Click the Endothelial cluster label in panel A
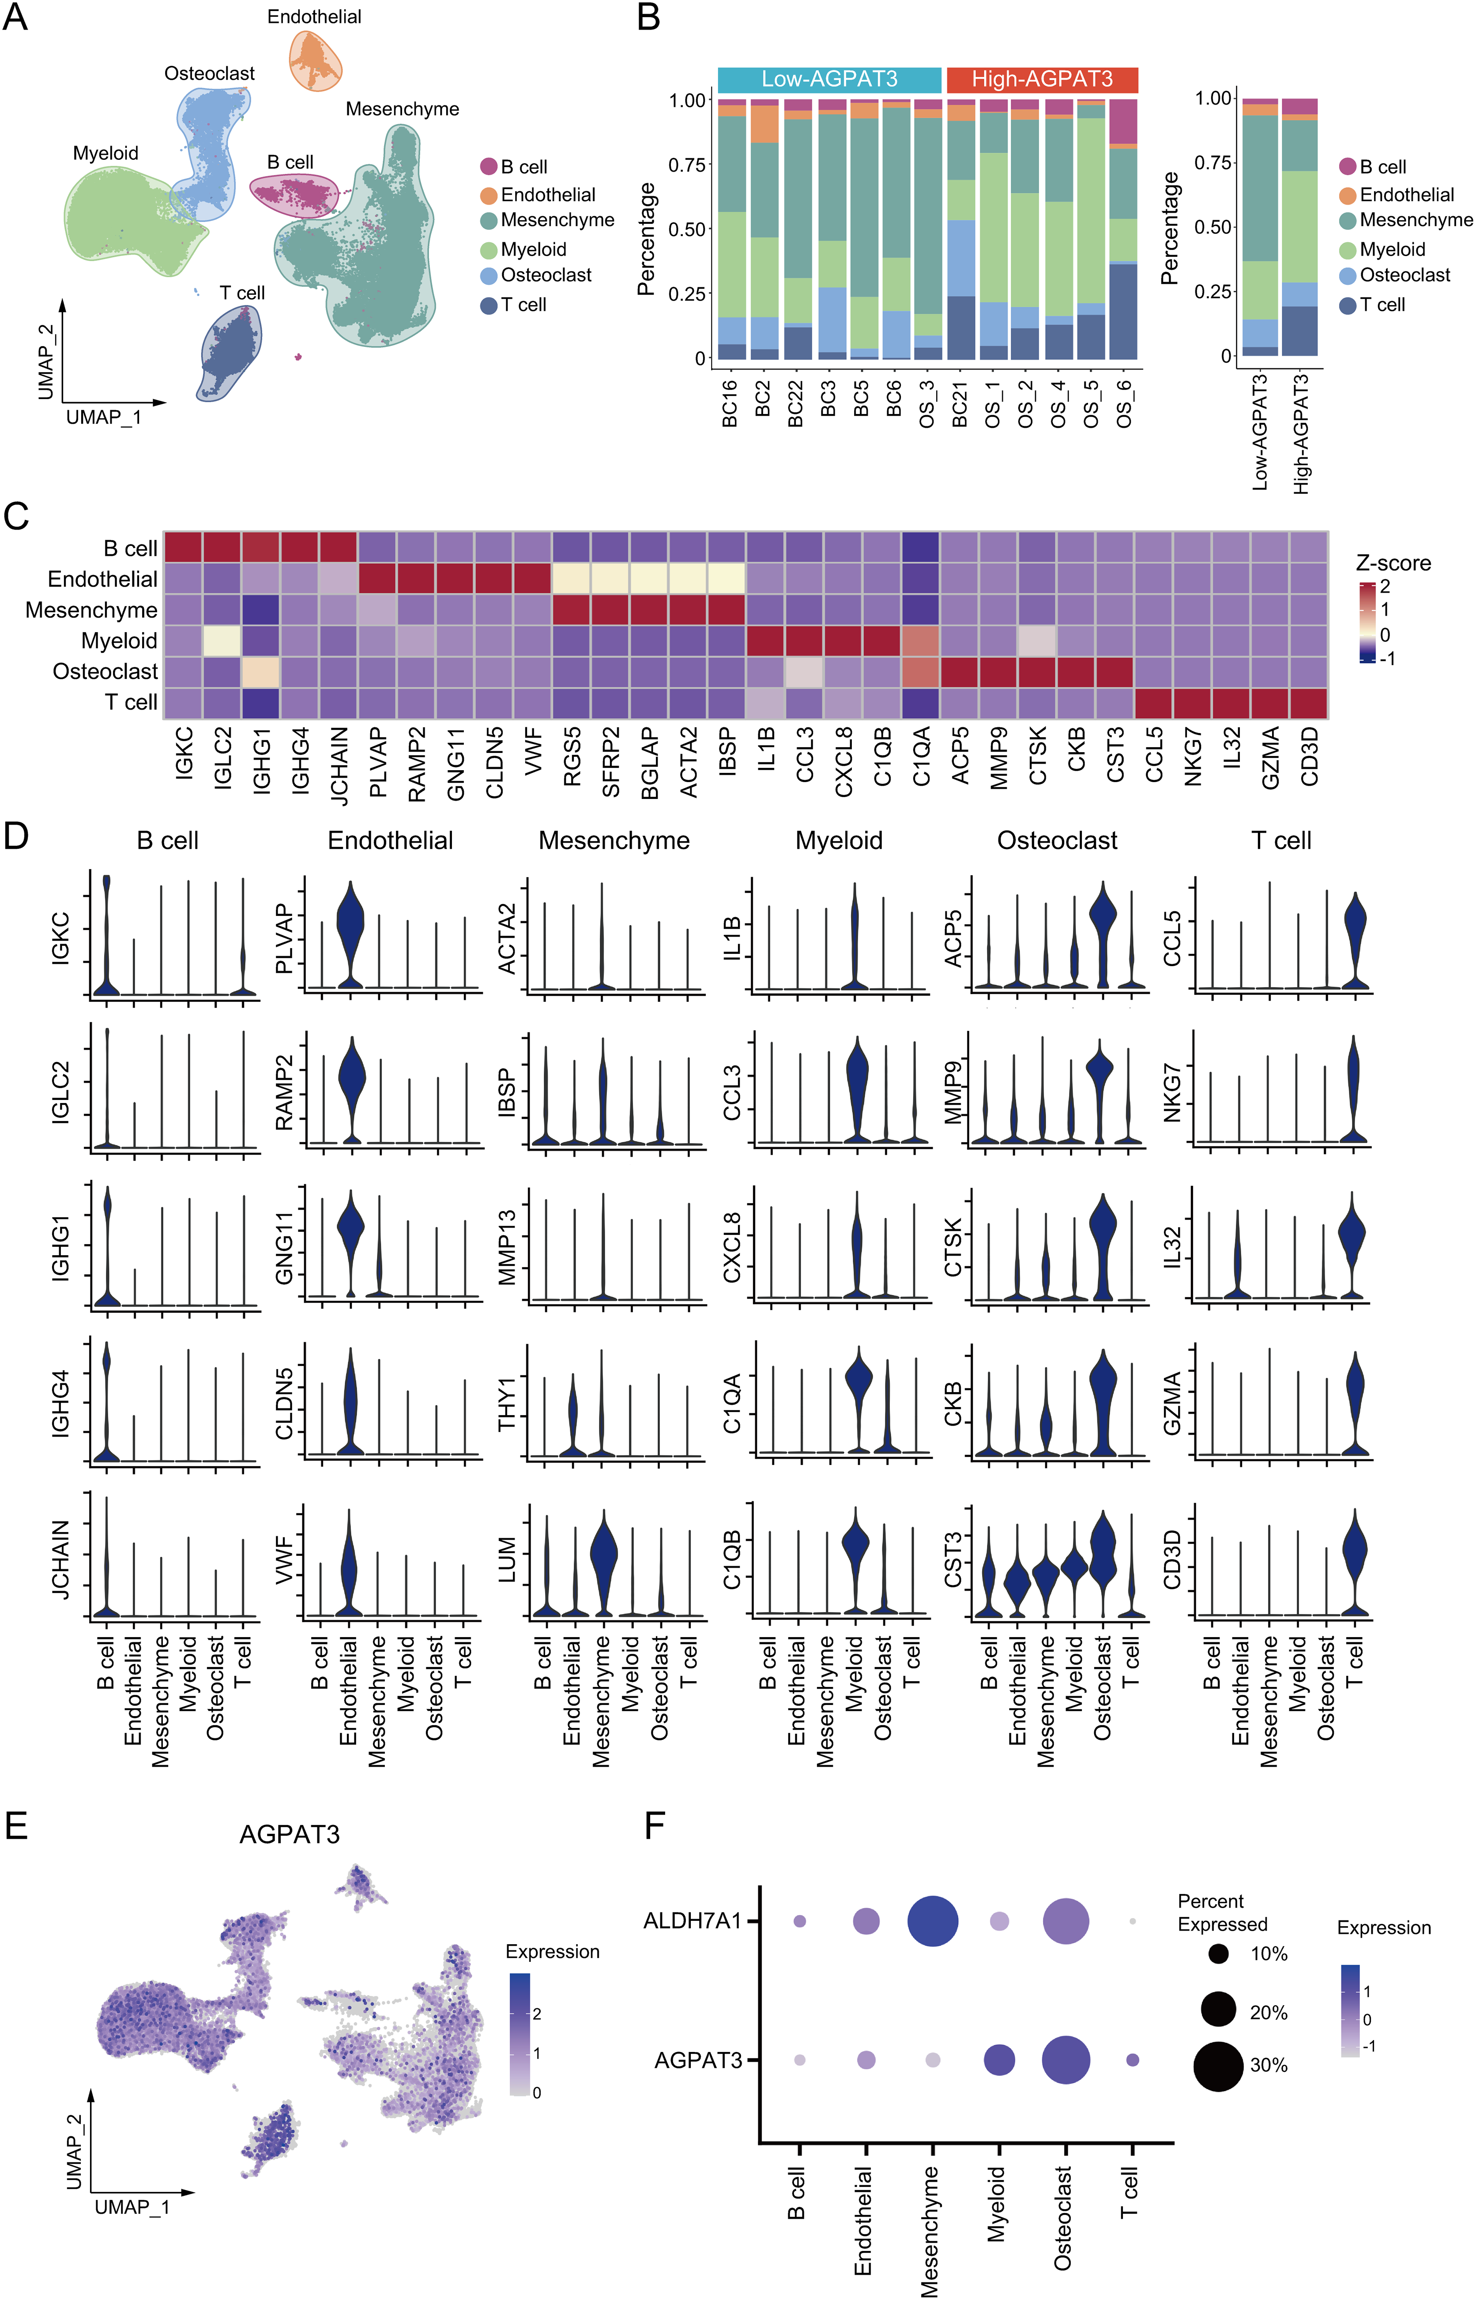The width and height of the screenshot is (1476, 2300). pos(313,17)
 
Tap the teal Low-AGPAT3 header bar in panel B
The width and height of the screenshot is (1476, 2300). pos(829,79)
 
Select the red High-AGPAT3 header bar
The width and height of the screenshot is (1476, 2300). pos(1042,79)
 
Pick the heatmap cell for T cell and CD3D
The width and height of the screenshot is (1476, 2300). pos(1308,703)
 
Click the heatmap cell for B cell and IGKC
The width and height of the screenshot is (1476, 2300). pos(183,547)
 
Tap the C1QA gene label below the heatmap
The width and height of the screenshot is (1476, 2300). pos(921,757)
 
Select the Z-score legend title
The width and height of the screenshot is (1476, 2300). pos(1393,564)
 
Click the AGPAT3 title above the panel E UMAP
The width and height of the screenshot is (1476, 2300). pos(290,1834)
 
